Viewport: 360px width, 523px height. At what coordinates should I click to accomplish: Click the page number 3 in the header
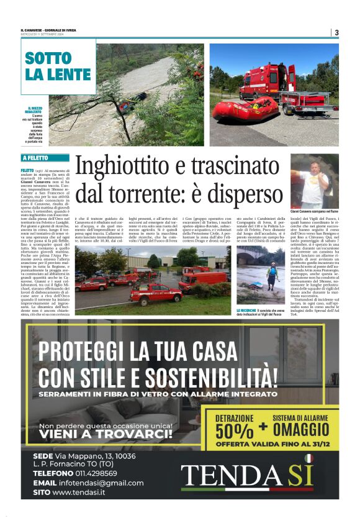(x=336, y=33)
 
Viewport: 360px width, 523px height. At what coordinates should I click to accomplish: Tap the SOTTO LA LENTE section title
(x=56, y=66)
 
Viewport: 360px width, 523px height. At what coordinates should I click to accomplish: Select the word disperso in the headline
(x=240, y=193)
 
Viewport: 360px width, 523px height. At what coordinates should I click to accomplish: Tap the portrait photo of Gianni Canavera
(x=314, y=181)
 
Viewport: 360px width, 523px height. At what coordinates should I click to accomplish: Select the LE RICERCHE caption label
(x=247, y=310)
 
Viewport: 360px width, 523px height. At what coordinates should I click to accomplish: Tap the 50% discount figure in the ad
(x=234, y=430)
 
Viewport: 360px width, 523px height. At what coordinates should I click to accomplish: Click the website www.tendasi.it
(x=78, y=493)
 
